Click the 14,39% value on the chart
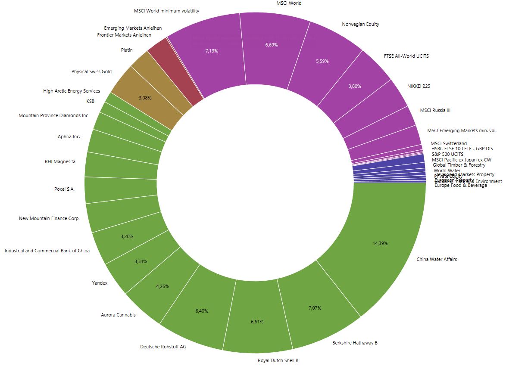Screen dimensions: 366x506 pos(380,243)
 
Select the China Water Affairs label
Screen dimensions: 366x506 pos(437,259)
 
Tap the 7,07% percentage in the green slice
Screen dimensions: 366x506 pos(315,308)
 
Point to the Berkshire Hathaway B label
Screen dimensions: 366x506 pos(355,343)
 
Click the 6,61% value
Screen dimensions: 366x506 pos(257,322)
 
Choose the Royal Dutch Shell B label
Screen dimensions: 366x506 pos(278,360)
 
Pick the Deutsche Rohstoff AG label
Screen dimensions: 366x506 pos(163,346)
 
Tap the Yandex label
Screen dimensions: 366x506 pos(100,283)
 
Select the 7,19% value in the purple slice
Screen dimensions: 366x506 pos(212,51)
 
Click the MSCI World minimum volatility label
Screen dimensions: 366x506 pos(167,11)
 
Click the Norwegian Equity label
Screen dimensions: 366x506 pos(360,24)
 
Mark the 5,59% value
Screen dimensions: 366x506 pos(322,61)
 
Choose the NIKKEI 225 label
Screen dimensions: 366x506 pos(419,86)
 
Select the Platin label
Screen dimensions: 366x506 pos(127,50)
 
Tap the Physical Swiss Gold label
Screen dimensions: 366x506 pos(91,71)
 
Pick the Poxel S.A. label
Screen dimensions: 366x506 pos(65,189)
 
